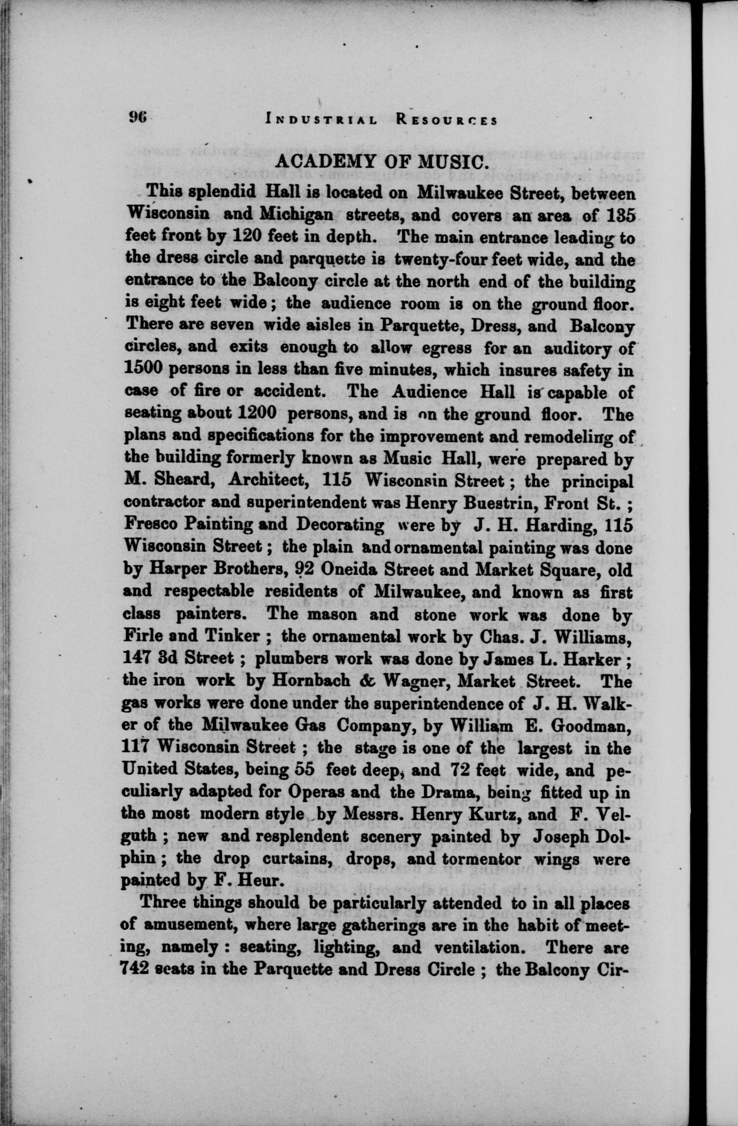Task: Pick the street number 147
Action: point(137,658)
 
